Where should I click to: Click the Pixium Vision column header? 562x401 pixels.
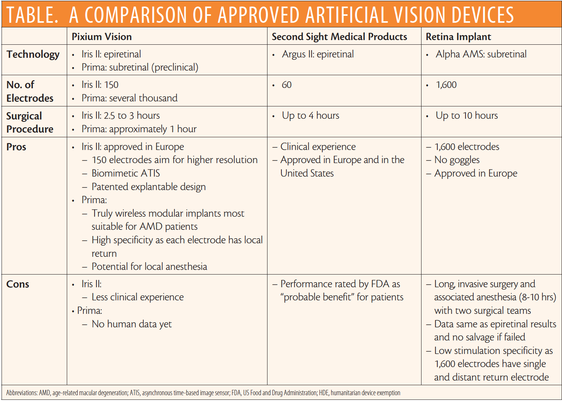(102, 37)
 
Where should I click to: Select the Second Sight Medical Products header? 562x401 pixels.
(339, 37)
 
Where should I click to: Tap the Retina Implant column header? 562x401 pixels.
(458, 37)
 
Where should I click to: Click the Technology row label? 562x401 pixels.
(33, 54)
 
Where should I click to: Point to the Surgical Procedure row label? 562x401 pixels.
(30, 122)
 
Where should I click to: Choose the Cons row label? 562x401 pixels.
(18, 284)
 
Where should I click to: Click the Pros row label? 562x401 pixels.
(16, 147)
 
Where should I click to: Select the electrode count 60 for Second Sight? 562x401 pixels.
(287, 85)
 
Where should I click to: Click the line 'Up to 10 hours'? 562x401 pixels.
(467, 116)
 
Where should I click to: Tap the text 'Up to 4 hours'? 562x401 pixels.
(310, 116)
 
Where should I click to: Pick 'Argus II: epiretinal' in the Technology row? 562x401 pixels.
(318, 54)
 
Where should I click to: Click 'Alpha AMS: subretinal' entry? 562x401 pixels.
(481, 54)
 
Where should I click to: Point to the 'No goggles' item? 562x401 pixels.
(457, 160)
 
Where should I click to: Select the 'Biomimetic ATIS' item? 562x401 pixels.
(126, 174)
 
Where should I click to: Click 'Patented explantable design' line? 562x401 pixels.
(149, 187)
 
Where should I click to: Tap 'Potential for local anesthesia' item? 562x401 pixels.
(149, 266)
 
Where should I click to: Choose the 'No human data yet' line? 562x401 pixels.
(132, 324)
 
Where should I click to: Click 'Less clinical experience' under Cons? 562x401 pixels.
(137, 297)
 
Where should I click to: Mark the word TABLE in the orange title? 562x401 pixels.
(32, 15)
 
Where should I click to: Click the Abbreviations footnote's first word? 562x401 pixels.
(22, 393)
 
